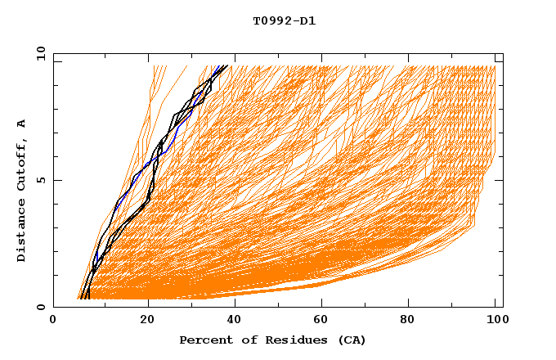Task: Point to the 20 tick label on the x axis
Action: click(147, 322)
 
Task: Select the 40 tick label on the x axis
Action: click(236, 322)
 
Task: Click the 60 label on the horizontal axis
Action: click(325, 322)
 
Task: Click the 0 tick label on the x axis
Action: click(53, 322)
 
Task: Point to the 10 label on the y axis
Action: click(40, 54)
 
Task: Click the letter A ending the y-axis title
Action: click(22, 124)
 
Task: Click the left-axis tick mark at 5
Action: click(56, 180)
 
